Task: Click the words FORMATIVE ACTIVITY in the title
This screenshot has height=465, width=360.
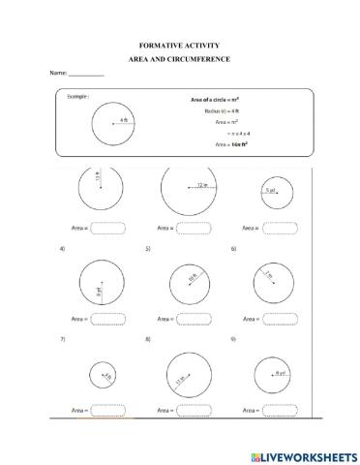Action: (179, 46)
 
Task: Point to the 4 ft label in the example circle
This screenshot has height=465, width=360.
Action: (124, 119)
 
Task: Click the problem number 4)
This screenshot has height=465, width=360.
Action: (63, 249)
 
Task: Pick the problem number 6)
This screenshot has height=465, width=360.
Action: (233, 249)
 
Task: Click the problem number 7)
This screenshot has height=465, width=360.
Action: (63, 339)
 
